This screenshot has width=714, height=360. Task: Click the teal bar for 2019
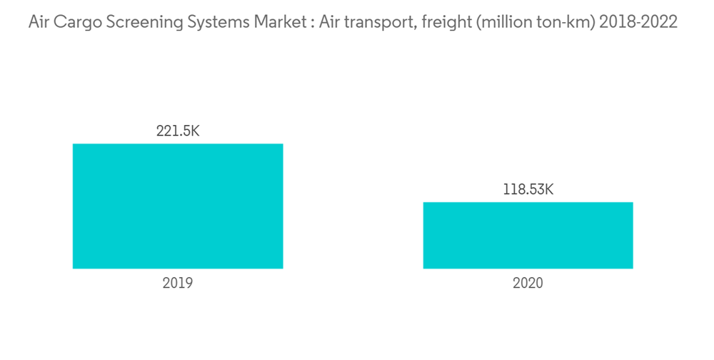click(x=178, y=206)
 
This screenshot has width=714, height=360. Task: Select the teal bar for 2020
click(x=528, y=236)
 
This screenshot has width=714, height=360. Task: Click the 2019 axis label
click(x=178, y=283)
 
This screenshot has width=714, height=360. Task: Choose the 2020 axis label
click(x=528, y=283)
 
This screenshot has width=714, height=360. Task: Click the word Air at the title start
click(x=40, y=22)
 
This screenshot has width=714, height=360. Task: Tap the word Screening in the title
click(x=141, y=22)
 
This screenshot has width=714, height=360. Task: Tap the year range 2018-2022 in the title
click(x=638, y=22)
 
